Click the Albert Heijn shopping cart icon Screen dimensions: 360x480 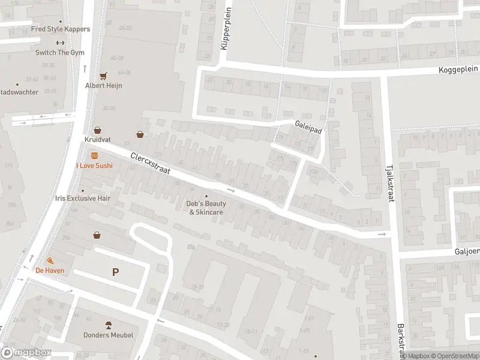pyautogui.click(x=103, y=76)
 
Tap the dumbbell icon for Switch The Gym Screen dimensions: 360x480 pyautogui.click(x=60, y=43)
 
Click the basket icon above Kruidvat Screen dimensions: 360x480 pyautogui.click(x=97, y=130)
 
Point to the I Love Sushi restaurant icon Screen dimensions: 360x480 pyautogui.click(x=95, y=155)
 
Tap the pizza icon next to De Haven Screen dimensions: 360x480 pyautogui.click(x=50, y=260)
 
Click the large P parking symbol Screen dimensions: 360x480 pyautogui.click(x=116, y=272)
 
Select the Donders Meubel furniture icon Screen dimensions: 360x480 pyautogui.click(x=109, y=325)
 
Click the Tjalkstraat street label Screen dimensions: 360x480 pyautogui.click(x=389, y=182)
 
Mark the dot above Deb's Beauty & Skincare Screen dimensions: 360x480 pyautogui.click(x=206, y=196)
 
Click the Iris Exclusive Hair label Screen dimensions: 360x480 pyautogui.click(x=82, y=198)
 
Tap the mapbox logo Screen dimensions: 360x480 pyautogui.click(x=26, y=353)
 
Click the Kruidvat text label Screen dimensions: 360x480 pyautogui.click(x=97, y=139)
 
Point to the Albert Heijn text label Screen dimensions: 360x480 pyautogui.click(x=103, y=86)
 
